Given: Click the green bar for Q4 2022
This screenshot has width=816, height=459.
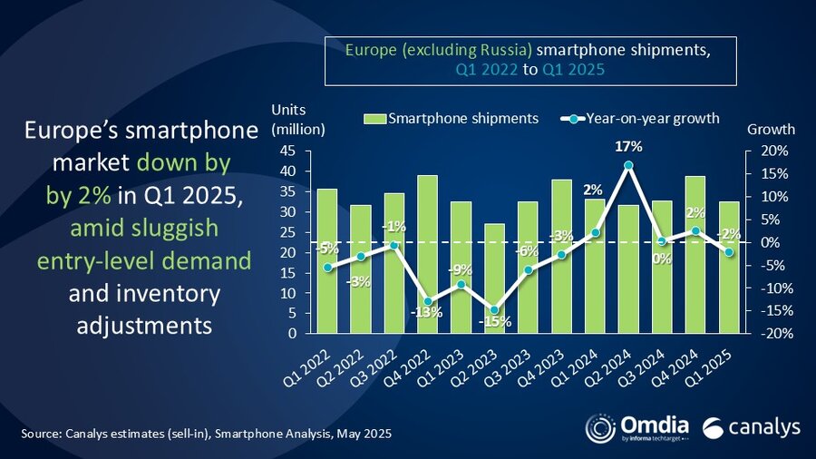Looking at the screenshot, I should pyautogui.click(x=427, y=254).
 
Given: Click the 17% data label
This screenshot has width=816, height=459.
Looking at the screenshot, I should pyautogui.click(x=629, y=146).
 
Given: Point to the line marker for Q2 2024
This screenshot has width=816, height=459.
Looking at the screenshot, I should pyautogui.click(x=628, y=165).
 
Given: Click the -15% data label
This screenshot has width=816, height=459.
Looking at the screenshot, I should pyautogui.click(x=496, y=321).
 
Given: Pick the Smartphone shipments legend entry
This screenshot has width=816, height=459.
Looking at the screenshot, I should pyautogui.click(x=451, y=118).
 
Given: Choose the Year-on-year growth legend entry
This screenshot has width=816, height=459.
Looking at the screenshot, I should pyautogui.click(x=641, y=118).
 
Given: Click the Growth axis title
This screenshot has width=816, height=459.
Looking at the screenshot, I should pyautogui.click(x=770, y=129).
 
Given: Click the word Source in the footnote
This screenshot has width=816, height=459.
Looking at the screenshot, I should pyautogui.click(x=42, y=435).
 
